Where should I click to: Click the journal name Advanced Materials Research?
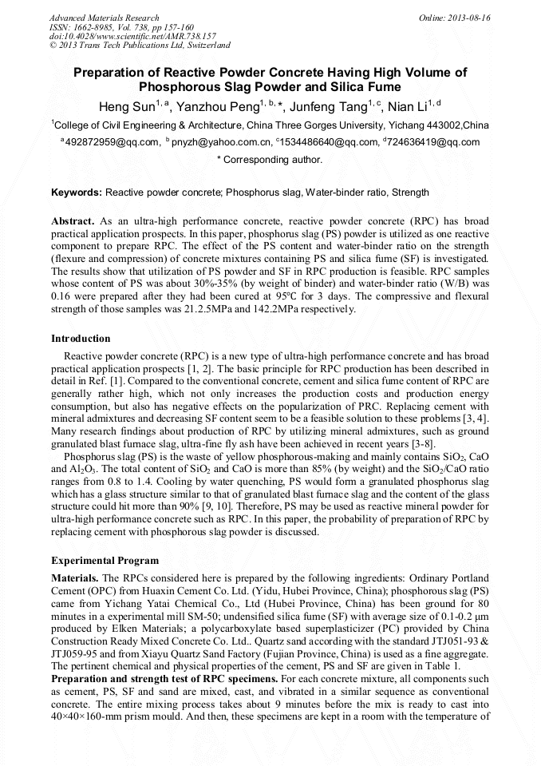coord(104,18)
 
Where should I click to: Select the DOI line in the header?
coord(132,36)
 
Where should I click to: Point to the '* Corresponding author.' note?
coord(270,160)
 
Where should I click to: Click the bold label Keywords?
coord(77,192)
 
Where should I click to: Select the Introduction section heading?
coord(81,339)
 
